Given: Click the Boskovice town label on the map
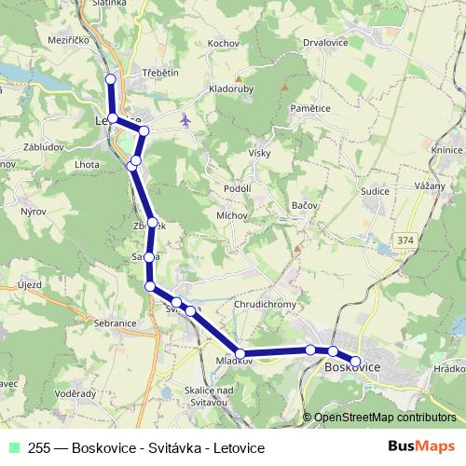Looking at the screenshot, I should [352, 369].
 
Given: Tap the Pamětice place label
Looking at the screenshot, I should [310, 109].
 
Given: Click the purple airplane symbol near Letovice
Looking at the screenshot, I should [185, 119].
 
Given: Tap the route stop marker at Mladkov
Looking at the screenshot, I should [240, 353].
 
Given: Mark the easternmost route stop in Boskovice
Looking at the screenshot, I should [355, 361].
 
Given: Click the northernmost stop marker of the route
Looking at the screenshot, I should [111, 78].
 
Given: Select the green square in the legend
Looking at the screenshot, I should [14, 446].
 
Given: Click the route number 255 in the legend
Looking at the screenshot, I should [39, 446].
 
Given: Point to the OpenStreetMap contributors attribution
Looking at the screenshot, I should [385, 418].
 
